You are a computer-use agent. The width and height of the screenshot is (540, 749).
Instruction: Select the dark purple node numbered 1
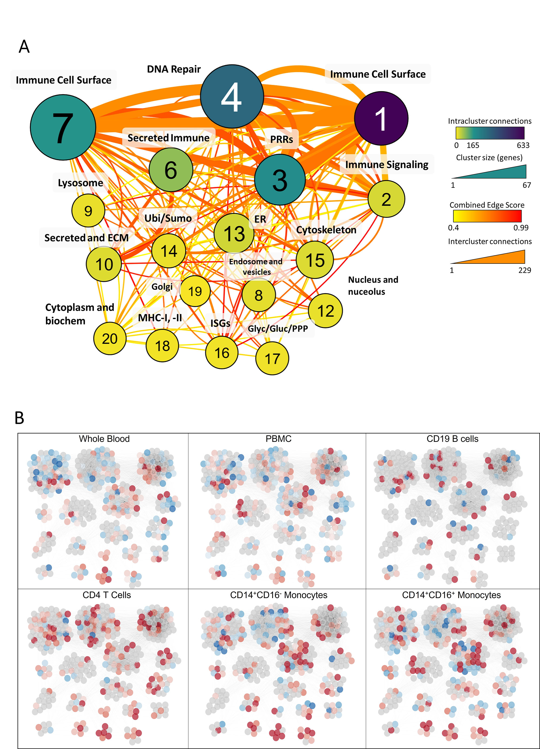click(381, 118)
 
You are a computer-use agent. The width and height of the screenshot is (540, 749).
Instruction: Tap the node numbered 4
click(232, 96)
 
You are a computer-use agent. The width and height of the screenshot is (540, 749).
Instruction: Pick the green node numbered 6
click(171, 170)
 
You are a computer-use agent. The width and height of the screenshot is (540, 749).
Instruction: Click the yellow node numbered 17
click(272, 358)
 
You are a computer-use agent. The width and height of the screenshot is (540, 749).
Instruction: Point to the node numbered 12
click(325, 311)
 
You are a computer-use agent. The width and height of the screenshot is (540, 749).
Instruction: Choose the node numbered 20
click(110, 338)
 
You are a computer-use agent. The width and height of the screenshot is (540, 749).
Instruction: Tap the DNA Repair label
click(174, 69)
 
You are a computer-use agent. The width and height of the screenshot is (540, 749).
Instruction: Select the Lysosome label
click(80, 183)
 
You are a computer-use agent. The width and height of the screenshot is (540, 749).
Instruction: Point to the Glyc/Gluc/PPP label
click(278, 328)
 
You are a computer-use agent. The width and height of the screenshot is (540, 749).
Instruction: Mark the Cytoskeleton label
click(326, 230)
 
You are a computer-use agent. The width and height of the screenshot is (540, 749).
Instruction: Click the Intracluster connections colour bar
click(490, 133)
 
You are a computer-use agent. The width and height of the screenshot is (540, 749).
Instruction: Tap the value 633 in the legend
click(523, 145)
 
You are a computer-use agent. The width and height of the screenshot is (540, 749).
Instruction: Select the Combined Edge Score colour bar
click(487, 216)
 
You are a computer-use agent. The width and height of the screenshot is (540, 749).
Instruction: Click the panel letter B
click(19, 418)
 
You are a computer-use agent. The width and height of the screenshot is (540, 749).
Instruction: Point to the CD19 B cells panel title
click(452, 439)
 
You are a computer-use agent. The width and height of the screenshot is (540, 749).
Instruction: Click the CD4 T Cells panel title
click(107, 595)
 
